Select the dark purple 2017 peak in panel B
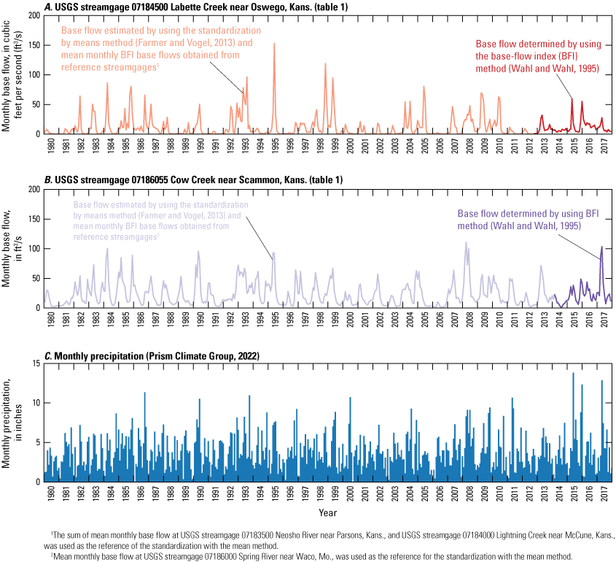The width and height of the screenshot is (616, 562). pyautogui.click(x=602, y=247)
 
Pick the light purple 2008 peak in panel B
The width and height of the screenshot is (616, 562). pyautogui.click(x=467, y=243)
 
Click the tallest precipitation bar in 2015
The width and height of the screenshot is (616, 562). pyautogui.click(x=573, y=374)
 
